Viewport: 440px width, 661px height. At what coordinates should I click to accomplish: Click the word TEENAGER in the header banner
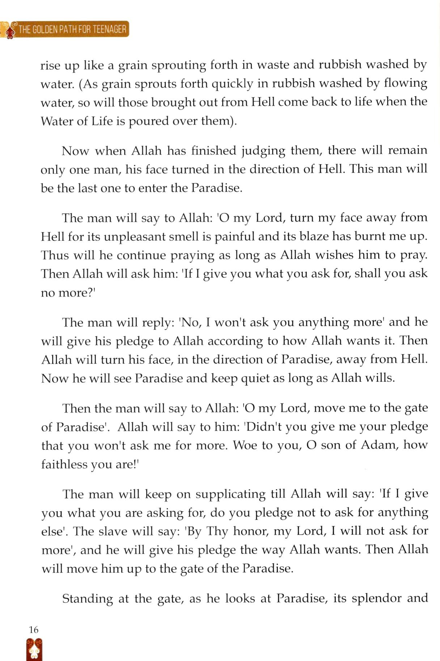point(109,29)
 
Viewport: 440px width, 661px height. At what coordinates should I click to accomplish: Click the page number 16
point(33,630)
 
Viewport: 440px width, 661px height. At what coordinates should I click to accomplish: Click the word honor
point(250,531)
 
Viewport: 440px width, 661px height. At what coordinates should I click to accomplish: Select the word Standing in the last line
point(88,599)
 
